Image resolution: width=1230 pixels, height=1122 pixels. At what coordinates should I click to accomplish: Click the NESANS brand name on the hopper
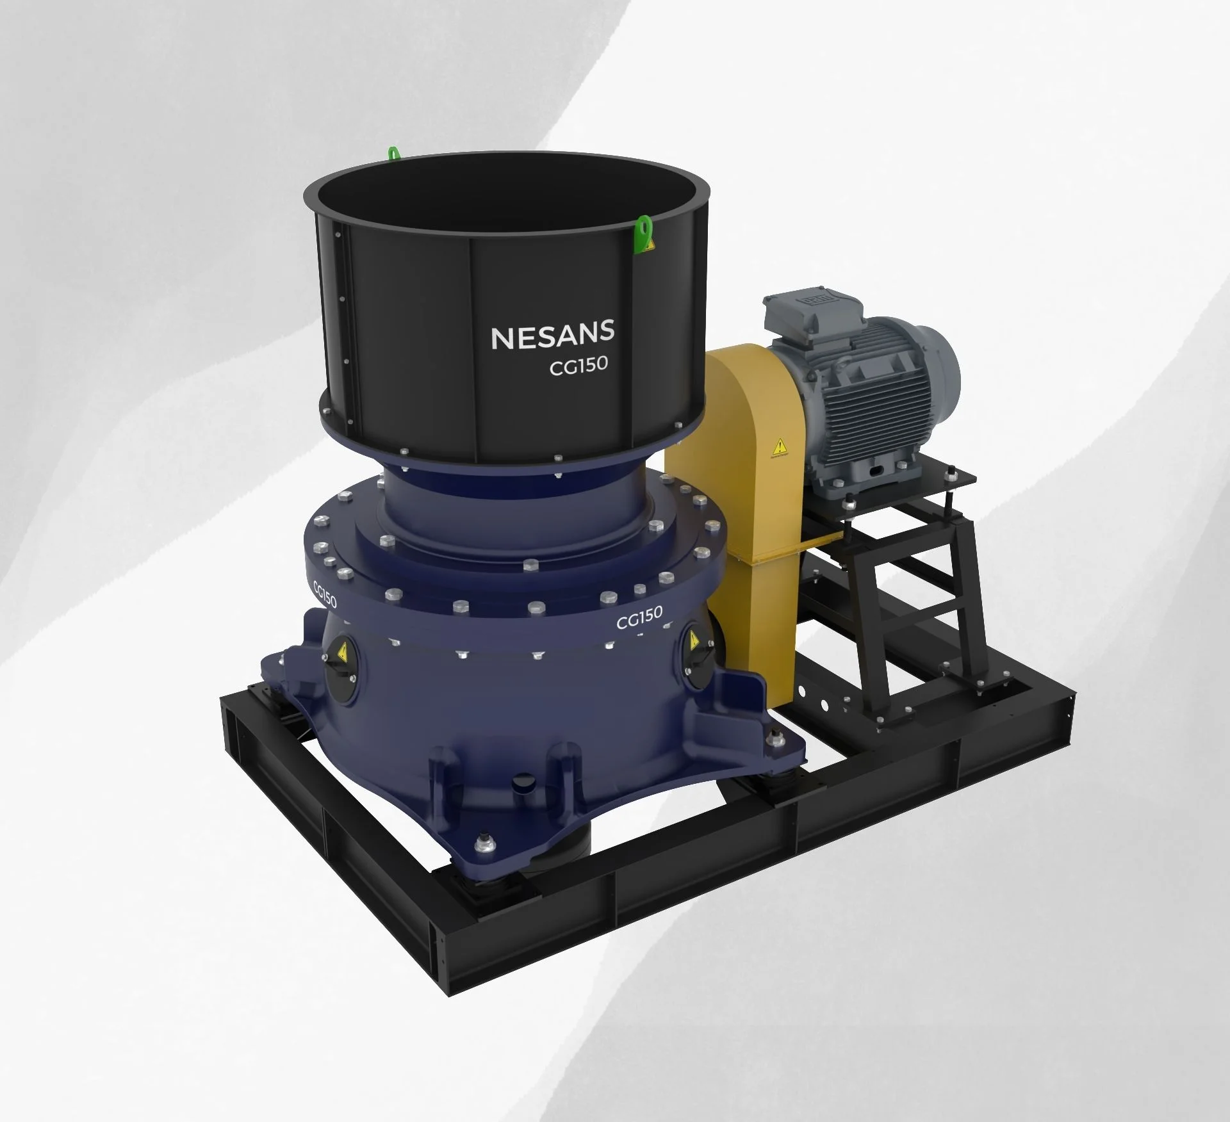[x=552, y=335]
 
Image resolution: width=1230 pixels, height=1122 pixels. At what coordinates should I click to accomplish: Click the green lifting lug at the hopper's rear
[x=393, y=153]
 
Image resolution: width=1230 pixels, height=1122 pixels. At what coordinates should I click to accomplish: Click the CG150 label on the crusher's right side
[x=639, y=617]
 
